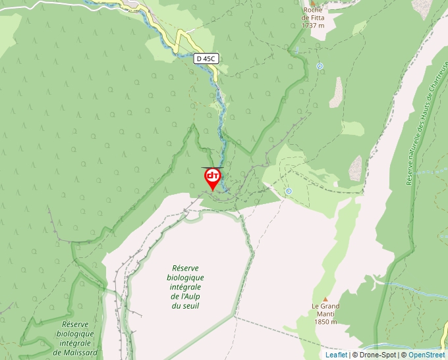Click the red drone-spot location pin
(x=213, y=178)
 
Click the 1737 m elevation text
(x=313, y=26)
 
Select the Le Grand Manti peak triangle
(x=325, y=299)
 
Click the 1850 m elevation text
(x=325, y=322)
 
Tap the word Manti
(x=325, y=315)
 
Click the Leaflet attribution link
(x=336, y=355)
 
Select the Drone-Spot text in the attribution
(x=378, y=355)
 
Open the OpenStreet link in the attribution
(x=427, y=355)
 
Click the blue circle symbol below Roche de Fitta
(x=320, y=66)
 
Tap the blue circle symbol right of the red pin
(x=289, y=191)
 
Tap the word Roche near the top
(x=313, y=10)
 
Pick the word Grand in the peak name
(x=328, y=307)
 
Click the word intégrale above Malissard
(x=76, y=343)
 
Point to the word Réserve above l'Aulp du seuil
(x=186, y=268)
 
